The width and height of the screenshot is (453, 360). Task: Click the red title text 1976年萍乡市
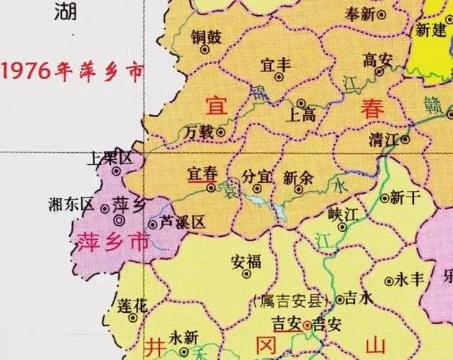click(72, 71)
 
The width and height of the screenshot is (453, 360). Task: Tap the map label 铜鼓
click(205, 37)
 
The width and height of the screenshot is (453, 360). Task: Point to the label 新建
click(431, 30)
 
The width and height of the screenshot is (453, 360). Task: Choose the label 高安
click(377, 59)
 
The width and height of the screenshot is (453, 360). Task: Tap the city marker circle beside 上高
click(301, 103)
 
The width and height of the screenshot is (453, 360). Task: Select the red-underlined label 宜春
click(202, 174)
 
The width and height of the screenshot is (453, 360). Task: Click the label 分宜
click(257, 176)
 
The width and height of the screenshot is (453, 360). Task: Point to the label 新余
click(298, 176)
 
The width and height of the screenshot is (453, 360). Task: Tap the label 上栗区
click(109, 158)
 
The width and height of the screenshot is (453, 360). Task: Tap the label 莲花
click(132, 305)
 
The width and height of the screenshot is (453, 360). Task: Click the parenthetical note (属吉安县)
click(292, 300)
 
